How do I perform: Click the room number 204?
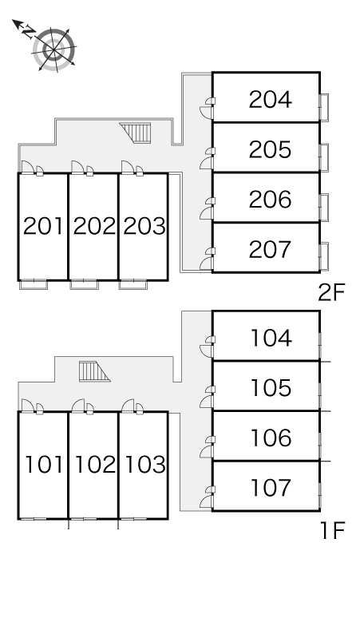tap(270, 99)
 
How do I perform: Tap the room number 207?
tap(270, 249)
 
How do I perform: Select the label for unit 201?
tap(43, 226)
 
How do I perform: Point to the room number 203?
tap(144, 226)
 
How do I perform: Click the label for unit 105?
tap(271, 388)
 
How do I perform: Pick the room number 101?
tap(44, 464)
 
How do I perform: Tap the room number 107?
tap(271, 488)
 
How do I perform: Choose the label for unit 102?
tap(94, 464)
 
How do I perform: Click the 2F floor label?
tap(331, 293)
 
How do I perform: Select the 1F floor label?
tap(333, 530)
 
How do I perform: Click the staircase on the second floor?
tap(136, 133)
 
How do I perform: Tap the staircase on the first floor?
tap(94, 371)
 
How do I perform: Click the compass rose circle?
tap(54, 50)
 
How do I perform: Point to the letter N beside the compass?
tap(28, 31)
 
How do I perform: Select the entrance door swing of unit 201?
tap(27, 167)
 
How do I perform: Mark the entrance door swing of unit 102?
tap(78, 406)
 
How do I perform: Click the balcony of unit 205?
tap(324, 157)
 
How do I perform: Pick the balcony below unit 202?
tap(84, 284)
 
